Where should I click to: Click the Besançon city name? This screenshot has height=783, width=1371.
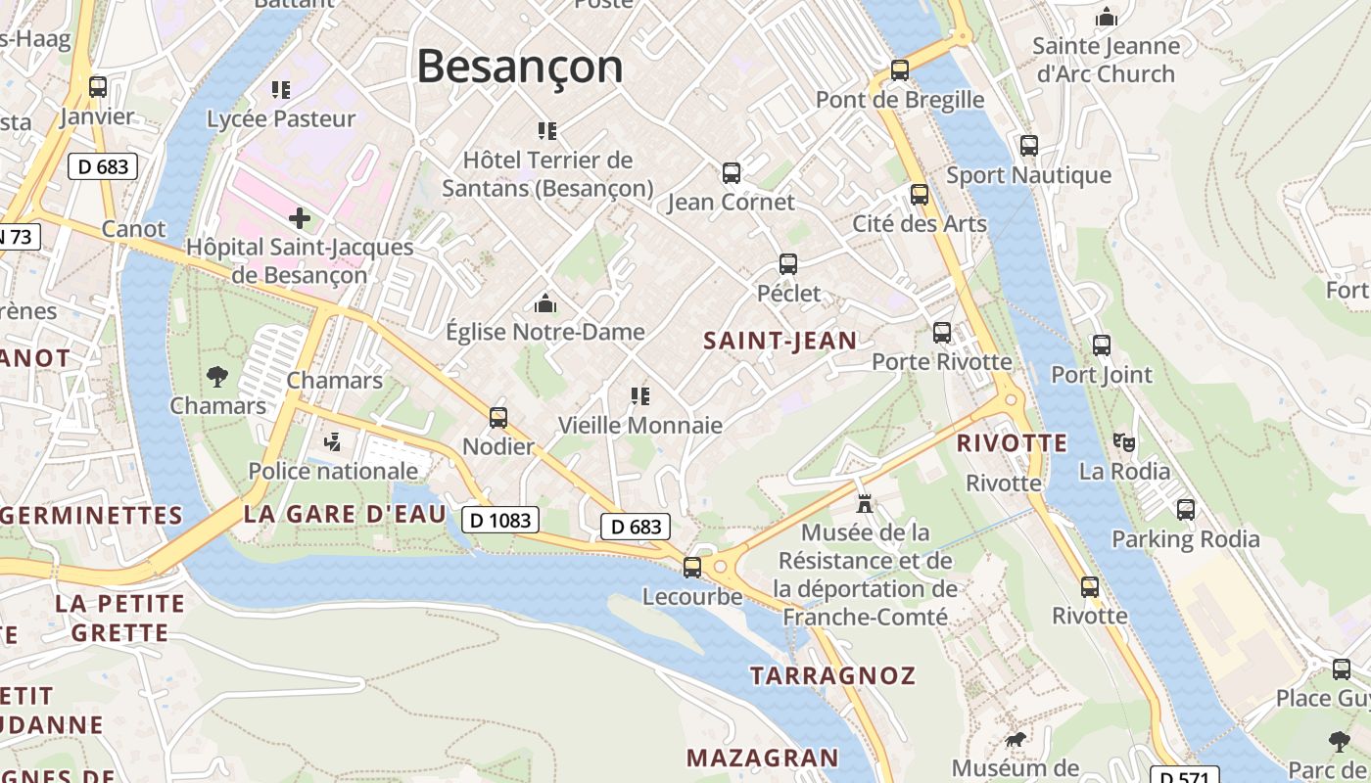(520, 66)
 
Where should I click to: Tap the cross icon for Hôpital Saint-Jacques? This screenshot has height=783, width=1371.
(300, 217)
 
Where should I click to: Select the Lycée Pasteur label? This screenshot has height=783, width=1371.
(281, 118)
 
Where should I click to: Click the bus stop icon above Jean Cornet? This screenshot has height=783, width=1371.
(732, 173)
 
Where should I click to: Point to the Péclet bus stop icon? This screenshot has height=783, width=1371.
(788, 264)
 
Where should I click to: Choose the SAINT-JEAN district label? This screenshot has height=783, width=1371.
(780, 341)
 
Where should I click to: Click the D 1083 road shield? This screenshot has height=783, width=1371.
(500, 520)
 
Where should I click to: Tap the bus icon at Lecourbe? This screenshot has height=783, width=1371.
(692, 568)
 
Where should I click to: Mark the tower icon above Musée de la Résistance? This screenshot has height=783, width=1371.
(865, 504)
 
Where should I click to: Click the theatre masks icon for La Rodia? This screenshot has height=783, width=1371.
(1124, 442)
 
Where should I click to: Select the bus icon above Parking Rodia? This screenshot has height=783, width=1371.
(1186, 510)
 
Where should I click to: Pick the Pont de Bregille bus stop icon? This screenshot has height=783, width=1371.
(900, 70)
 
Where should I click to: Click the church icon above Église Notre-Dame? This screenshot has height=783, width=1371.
(545, 303)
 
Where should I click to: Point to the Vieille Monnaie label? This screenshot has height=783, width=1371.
(640, 425)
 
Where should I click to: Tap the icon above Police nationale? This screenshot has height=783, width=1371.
(332, 442)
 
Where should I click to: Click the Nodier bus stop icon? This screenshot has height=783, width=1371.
(498, 418)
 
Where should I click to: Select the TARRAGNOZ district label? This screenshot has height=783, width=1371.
(832, 675)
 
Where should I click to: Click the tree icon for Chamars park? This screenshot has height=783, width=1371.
(217, 376)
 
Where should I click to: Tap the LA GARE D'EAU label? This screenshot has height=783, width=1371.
(345, 514)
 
